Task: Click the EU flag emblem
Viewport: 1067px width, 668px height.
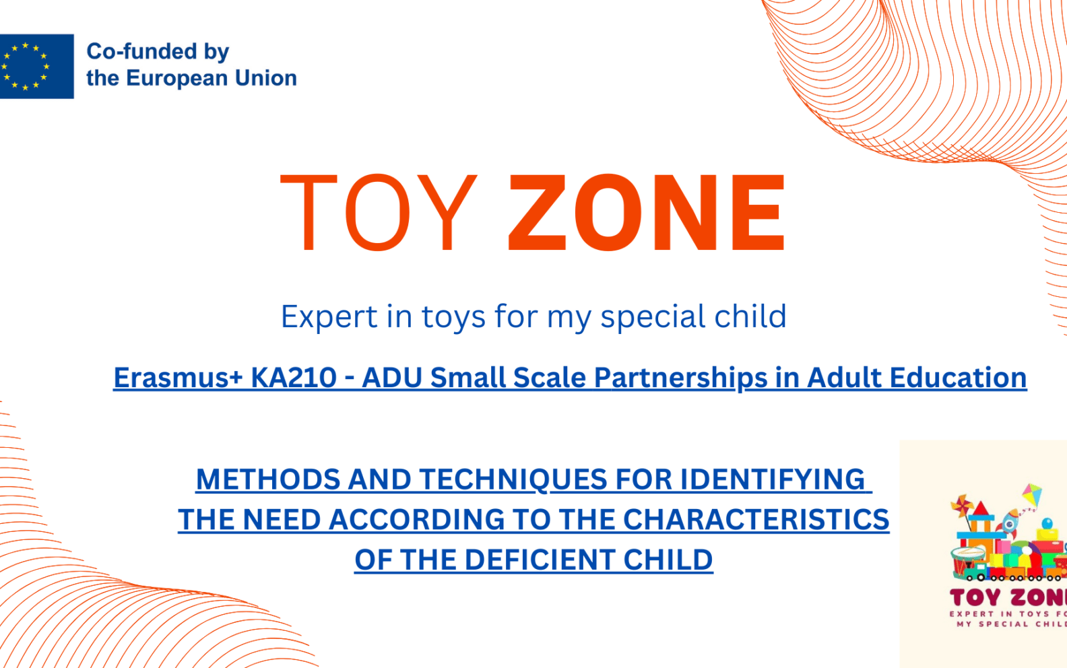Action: point(36,66)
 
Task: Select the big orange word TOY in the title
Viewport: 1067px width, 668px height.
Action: point(379,212)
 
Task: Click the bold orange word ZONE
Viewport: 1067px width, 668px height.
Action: point(647,212)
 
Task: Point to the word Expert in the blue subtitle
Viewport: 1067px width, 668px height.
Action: point(329,317)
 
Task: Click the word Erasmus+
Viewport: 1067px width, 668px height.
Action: point(178,378)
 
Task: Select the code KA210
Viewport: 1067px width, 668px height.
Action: point(294,378)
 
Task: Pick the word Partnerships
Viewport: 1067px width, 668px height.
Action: point(680,378)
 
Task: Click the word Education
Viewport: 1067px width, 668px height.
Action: point(958,378)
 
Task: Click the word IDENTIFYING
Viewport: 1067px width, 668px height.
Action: point(773,479)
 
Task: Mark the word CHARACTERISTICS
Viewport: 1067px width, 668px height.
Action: point(756,519)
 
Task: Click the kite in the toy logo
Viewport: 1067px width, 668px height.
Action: point(1032,495)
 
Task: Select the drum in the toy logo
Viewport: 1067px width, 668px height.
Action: point(967,561)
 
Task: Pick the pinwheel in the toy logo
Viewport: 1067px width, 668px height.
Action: point(961,506)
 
